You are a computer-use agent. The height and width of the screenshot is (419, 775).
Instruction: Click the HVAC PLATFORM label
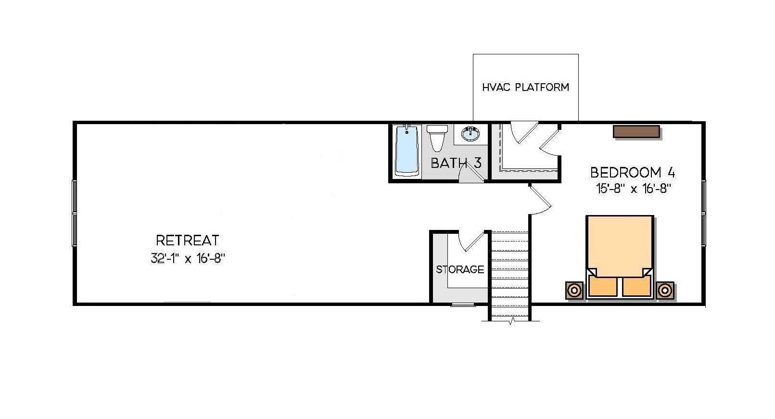click(525, 88)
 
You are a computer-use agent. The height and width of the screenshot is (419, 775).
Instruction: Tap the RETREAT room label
click(188, 240)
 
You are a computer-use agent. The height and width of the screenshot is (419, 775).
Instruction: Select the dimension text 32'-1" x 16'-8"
click(188, 259)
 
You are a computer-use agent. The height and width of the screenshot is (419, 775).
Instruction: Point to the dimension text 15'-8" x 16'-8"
click(633, 189)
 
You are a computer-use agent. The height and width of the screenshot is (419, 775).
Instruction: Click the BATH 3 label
click(456, 163)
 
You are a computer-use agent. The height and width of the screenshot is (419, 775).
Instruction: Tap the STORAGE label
click(460, 269)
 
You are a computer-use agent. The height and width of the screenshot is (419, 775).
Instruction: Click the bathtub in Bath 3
click(407, 151)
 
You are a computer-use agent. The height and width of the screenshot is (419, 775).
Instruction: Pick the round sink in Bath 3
click(471, 133)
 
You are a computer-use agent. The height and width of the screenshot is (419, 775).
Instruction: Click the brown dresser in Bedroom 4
click(636, 132)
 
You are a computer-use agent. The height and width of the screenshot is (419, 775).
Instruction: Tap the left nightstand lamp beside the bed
click(574, 291)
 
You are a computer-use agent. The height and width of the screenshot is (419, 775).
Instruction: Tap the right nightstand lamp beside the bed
click(664, 291)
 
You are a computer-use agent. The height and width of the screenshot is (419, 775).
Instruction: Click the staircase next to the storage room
click(509, 274)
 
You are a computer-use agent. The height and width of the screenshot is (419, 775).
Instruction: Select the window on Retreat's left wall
click(75, 213)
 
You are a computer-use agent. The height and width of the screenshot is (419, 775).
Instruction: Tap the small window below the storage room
click(463, 305)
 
